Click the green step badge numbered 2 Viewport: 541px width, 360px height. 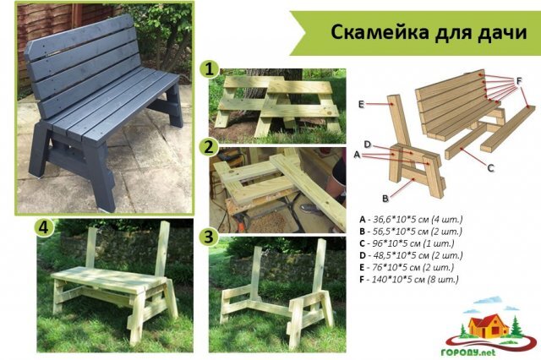[x=207, y=147]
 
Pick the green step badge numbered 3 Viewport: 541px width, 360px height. [x=207, y=236]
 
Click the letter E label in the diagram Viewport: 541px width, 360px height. [x=360, y=104]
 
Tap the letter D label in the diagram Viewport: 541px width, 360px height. [x=369, y=144]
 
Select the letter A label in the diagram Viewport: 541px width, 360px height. [x=358, y=155]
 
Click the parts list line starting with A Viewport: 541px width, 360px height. [x=411, y=218]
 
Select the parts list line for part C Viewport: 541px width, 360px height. [x=409, y=243]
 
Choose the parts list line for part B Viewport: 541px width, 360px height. [x=411, y=231]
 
